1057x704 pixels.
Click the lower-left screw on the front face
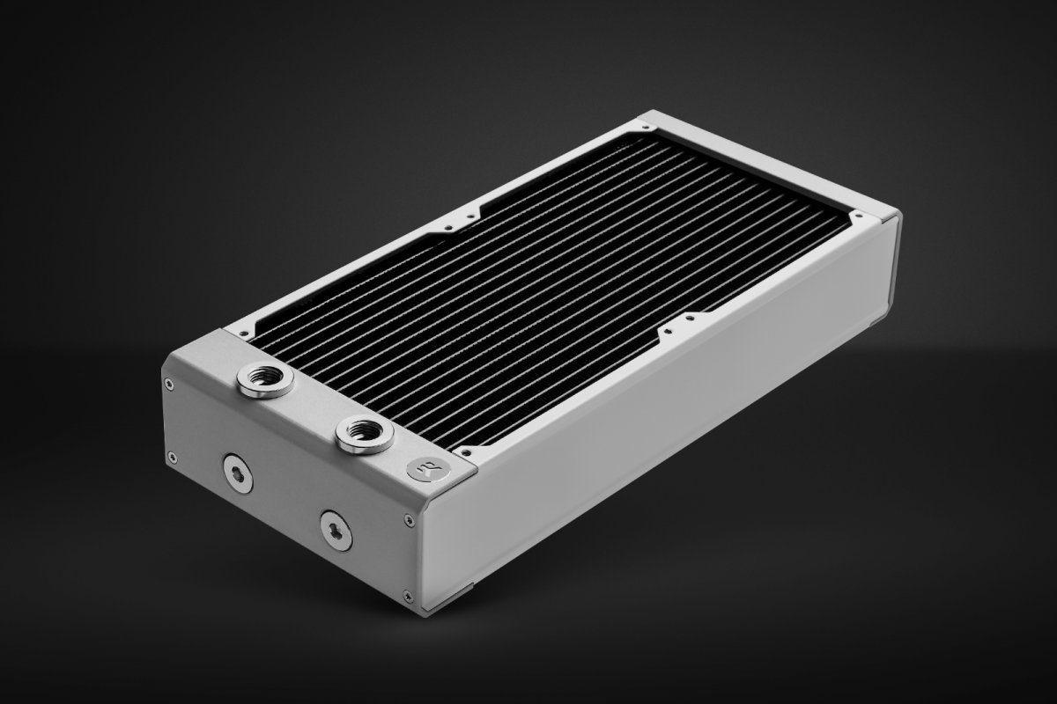pyautogui.click(x=171, y=457)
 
